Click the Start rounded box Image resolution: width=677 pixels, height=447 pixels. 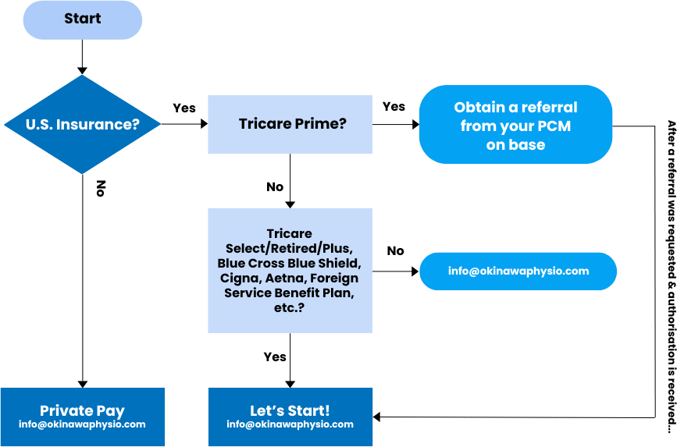[82, 20]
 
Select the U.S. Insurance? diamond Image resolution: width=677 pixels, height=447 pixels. [82, 124]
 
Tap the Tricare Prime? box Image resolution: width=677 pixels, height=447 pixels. [290, 124]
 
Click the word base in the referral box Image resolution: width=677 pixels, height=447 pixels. [528, 144]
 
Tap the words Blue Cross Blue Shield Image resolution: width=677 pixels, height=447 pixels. [290, 264]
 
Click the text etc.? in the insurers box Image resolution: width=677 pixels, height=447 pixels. [290, 308]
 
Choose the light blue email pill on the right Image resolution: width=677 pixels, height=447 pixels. [518, 271]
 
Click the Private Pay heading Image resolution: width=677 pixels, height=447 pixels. [82, 410]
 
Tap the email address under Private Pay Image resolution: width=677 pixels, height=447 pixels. [82, 425]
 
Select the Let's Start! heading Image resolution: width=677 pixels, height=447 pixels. [290, 410]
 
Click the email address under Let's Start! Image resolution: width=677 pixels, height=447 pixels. [290, 425]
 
